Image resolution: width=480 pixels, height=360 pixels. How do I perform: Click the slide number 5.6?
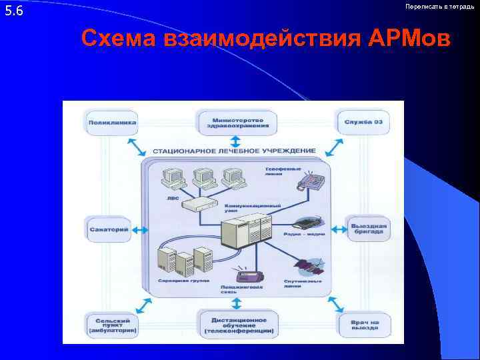pos(14,11)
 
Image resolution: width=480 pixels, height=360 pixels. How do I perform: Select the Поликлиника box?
pos(112,122)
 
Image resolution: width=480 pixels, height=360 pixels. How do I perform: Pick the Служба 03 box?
pos(363,122)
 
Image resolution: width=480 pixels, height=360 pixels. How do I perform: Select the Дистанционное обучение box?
pos(238,323)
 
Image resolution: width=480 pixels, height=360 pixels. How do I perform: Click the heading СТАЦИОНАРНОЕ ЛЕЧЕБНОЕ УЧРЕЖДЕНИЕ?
pos(234,151)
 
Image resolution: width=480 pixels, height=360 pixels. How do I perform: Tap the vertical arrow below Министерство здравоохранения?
pos(235,141)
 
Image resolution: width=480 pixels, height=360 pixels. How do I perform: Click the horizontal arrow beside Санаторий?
pos(141,229)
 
